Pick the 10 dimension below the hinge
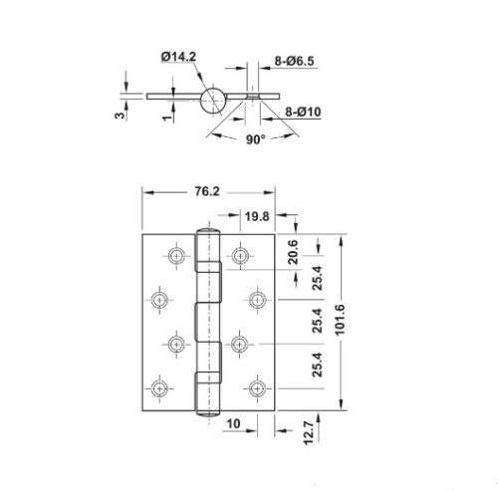(231, 424)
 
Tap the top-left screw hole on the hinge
(177, 256)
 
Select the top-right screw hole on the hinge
(240, 256)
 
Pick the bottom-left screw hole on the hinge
(159, 387)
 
